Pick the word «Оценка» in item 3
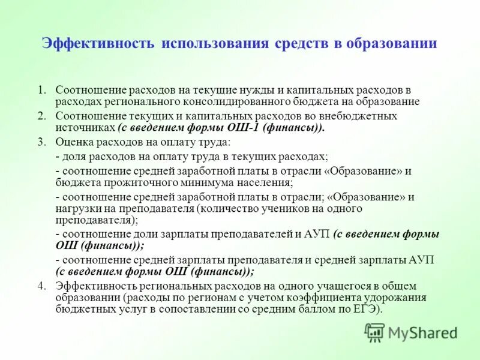[x=73, y=142]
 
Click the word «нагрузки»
[x=76, y=209]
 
